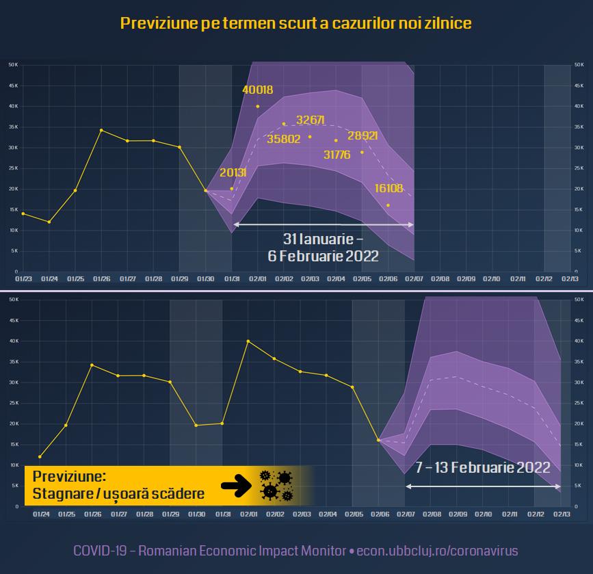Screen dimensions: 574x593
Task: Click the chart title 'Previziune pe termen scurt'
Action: point(295,23)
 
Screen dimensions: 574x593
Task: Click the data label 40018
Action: point(258,90)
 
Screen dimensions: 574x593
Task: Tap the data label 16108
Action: point(388,188)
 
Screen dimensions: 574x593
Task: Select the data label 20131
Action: point(232,172)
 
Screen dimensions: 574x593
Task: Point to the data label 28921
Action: point(363,135)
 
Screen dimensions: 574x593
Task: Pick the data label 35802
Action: point(284,138)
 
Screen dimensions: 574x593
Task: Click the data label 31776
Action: point(337,155)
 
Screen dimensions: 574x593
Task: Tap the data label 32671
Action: point(310,120)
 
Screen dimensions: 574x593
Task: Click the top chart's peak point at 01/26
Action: point(101,130)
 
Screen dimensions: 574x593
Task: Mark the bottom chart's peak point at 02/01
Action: point(248,341)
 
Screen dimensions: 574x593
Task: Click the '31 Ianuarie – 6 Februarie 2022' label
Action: point(323,247)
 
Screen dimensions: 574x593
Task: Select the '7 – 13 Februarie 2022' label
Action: point(483,467)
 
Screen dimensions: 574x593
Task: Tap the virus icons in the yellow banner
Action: point(276,485)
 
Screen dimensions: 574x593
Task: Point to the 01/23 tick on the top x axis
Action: point(23,279)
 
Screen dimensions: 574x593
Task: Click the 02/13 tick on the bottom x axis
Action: point(562,514)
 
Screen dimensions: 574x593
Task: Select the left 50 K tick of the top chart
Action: point(13,64)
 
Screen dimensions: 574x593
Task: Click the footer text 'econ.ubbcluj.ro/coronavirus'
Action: point(437,550)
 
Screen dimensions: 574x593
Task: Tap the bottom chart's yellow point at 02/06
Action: point(378,440)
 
